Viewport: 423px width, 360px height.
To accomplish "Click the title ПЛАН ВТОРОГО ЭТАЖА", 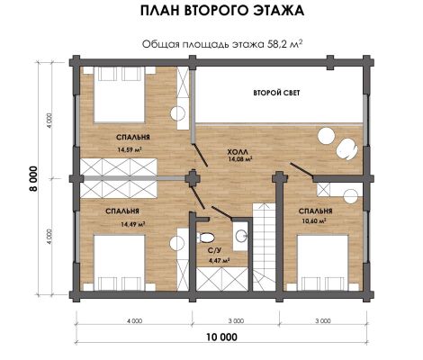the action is [x=222, y=11].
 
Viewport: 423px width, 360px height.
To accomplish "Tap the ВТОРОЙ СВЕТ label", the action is [x=276, y=93].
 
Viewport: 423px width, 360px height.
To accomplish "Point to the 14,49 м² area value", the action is [x=133, y=224].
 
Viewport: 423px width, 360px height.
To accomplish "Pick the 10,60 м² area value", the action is [x=314, y=221].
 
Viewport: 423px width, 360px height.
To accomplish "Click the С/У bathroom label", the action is [x=214, y=249].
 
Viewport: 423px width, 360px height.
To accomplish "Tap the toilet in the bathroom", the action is [x=205, y=238].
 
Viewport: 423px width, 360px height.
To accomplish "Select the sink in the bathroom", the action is [x=241, y=236].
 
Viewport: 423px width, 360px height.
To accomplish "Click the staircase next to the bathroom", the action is [x=264, y=247].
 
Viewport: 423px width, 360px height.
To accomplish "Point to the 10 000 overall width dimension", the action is [x=222, y=337].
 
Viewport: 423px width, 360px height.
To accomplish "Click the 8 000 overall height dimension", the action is [x=33, y=178].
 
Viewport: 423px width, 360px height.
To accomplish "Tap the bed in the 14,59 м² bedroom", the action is [x=120, y=94].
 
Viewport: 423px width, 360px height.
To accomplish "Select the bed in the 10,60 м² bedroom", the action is [x=322, y=263].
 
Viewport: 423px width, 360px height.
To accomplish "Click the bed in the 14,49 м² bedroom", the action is [x=120, y=263].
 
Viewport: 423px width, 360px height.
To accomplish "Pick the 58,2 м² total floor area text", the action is [x=284, y=44].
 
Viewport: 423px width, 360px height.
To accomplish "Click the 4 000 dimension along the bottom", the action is [x=134, y=321].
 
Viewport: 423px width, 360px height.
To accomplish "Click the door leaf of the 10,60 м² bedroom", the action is [x=301, y=169].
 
